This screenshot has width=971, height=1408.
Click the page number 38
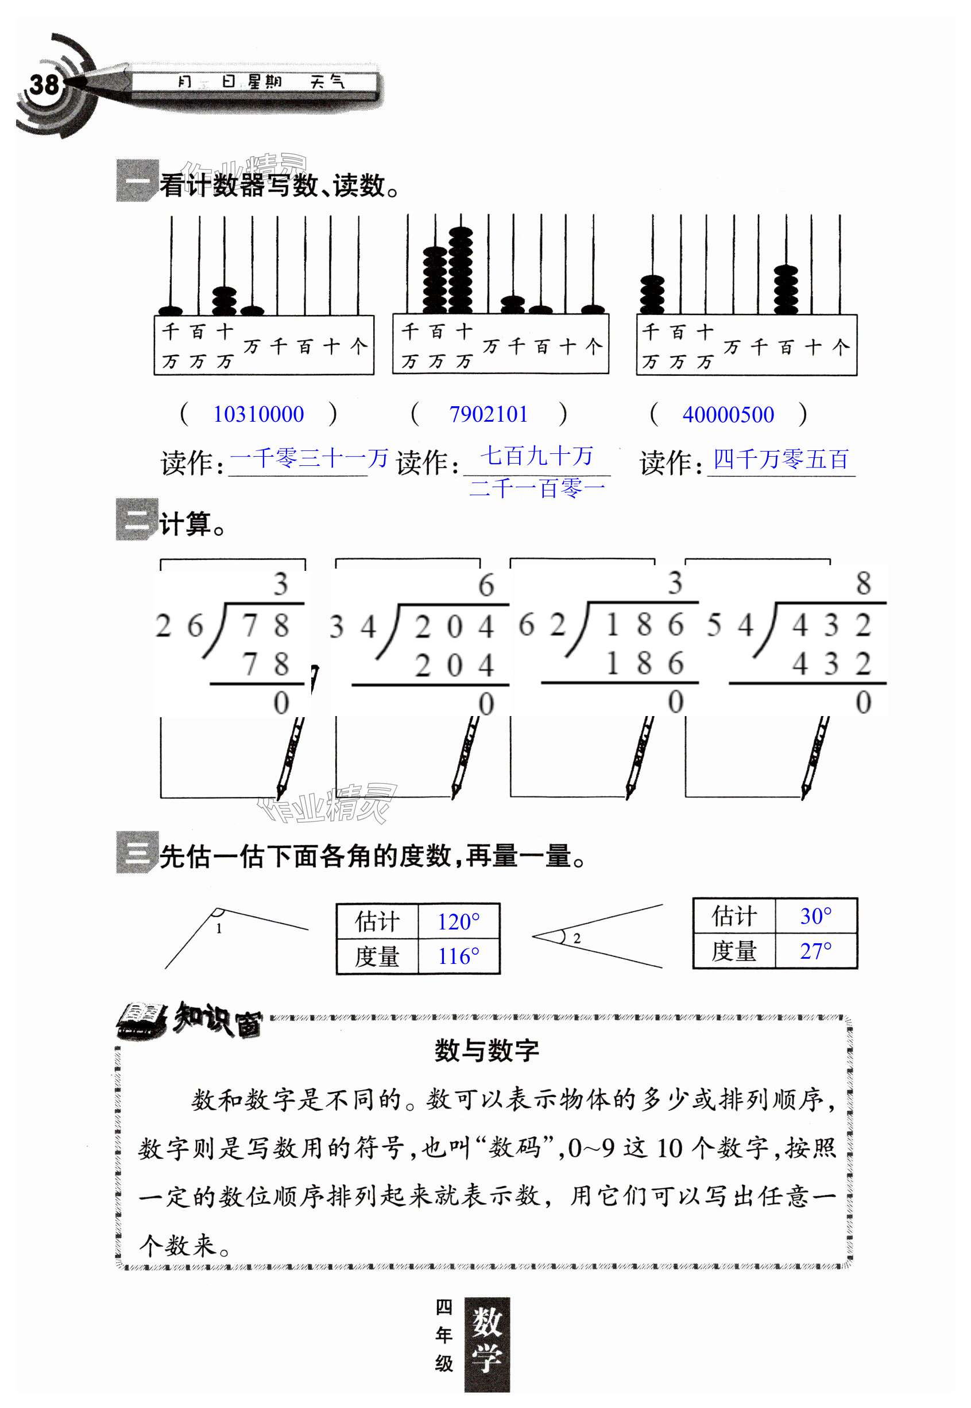[x=44, y=85]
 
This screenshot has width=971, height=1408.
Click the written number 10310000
[x=258, y=415]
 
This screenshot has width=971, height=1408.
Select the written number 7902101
[x=488, y=415]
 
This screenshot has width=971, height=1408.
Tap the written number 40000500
[x=728, y=415]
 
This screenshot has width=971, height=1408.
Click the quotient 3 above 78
[x=280, y=584]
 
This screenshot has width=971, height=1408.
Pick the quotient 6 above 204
[x=486, y=585]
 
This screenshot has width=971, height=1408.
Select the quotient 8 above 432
[x=862, y=583]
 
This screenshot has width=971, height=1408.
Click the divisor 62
[x=541, y=625]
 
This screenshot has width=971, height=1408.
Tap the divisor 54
[x=729, y=625]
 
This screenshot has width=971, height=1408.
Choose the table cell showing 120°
[x=458, y=922]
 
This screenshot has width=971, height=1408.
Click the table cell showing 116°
[x=458, y=956]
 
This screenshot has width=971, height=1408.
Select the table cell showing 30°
[x=815, y=916]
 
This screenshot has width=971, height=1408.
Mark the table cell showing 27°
[x=815, y=951]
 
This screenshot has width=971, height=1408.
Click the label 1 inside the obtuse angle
[x=219, y=928]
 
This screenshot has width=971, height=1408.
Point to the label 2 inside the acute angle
[x=577, y=939]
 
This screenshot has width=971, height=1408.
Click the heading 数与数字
[x=486, y=1051]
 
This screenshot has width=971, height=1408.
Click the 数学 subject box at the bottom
[x=487, y=1344]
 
